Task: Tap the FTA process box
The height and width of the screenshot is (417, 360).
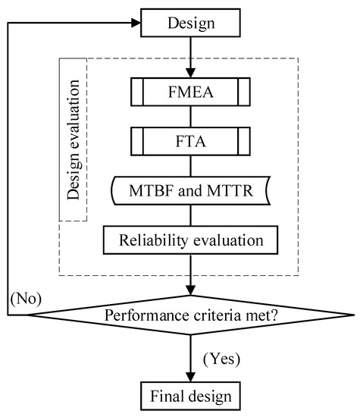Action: (x=190, y=141)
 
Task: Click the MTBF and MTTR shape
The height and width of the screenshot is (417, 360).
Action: (x=190, y=190)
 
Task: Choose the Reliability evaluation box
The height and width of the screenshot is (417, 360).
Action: (x=190, y=240)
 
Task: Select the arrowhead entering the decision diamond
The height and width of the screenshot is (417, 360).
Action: (x=190, y=290)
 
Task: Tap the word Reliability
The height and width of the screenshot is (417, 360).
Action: (x=155, y=240)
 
